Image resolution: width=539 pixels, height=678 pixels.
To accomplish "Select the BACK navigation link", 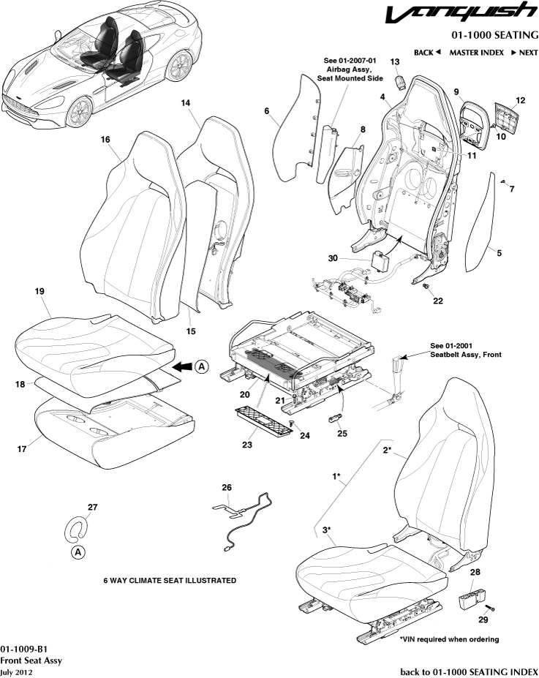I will (426, 53).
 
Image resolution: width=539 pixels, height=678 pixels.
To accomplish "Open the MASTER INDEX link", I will (476, 53).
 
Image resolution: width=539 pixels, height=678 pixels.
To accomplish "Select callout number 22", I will (437, 301).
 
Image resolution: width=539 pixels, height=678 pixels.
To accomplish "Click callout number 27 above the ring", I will (92, 506).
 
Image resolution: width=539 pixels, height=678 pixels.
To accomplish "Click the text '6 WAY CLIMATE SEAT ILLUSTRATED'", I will (170, 581).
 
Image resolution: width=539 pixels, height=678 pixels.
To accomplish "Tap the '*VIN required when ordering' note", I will (449, 639).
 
